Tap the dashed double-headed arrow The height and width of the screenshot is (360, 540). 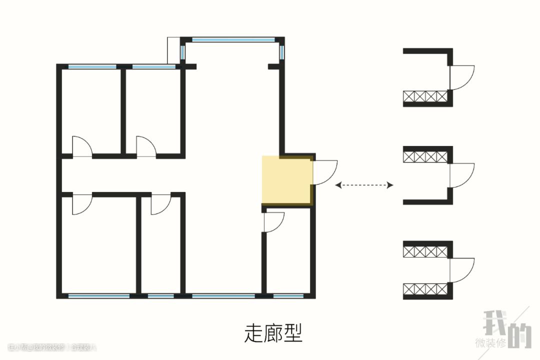pyautogui.click(x=364, y=185)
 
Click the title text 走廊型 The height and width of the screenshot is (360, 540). pyautogui.click(x=273, y=332)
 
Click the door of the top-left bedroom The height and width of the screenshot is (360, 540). pyautogui.click(x=82, y=146)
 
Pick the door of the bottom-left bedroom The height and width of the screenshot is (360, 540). pyautogui.click(x=81, y=204)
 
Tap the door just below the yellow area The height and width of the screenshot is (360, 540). pyautogui.click(x=273, y=221)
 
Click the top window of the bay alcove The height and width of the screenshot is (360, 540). pyautogui.click(x=233, y=40)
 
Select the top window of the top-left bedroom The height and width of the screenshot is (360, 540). pyautogui.click(x=92, y=66)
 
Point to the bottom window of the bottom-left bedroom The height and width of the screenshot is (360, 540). pyautogui.click(x=98, y=296)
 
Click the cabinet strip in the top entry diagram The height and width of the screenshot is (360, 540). pyautogui.click(x=425, y=96)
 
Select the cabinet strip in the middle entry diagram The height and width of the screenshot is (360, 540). pyautogui.click(x=425, y=156)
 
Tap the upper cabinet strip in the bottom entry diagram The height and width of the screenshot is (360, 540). pyautogui.click(x=425, y=251)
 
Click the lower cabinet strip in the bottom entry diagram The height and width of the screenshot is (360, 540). pyautogui.click(x=425, y=289)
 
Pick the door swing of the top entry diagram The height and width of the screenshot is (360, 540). pyautogui.click(x=461, y=77)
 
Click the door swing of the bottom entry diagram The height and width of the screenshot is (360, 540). pyautogui.click(x=461, y=270)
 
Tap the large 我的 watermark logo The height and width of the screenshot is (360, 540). pyautogui.click(x=506, y=329)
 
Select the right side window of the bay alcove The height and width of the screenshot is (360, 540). pyautogui.click(x=282, y=52)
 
